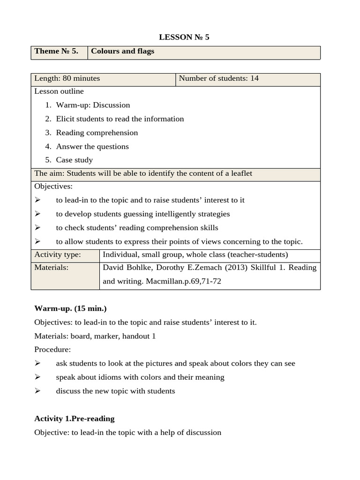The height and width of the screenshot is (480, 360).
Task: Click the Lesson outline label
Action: tap(59, 91)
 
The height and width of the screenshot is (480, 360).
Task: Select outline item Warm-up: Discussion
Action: tap(93, 105)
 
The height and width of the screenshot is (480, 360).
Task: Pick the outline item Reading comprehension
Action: tap(97, 133)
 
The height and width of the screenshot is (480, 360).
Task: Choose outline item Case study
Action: tap(75, 160)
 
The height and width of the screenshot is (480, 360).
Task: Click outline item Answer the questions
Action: tap(92, 146)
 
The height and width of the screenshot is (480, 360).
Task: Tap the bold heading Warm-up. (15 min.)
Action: tap(70, 308)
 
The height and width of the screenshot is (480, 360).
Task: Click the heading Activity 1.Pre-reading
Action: tap(74, 418)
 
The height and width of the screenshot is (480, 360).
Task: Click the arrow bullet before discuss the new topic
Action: tap(38, 391)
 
